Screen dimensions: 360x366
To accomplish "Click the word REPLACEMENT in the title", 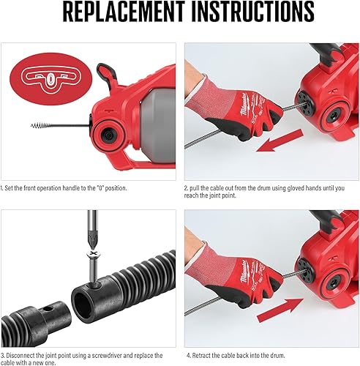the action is pyautogui.click(x=124, y=12).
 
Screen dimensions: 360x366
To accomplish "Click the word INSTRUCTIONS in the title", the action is pyautogui.click(x=253, y=12).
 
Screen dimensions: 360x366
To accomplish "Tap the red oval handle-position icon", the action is pyautogui.click(x=50, y=79).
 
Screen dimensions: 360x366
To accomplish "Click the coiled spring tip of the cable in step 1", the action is pyautogui.click(x=40, y=125).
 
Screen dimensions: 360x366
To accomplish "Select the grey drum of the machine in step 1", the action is pyautogui.click(x=158, y=126).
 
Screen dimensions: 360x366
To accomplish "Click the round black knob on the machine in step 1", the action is pyautogui.click(x=108, y=135).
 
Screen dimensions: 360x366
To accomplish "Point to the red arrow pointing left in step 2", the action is pyautogui.click(x=280, y=141).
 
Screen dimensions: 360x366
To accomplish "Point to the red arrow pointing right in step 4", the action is pyautogui.click(x=280, y=310).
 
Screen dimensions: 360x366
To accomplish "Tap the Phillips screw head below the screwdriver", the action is pyautogui.click(x=93, y=254).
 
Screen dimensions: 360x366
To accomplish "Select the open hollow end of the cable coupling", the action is pyautogui.click(x=82, y=301).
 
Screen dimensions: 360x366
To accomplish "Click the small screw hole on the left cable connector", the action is pyautogui.click(x=48, y=310).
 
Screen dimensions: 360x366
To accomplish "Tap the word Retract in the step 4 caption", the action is pyautogui.click(x=200, y=355).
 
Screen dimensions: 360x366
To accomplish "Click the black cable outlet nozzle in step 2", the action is pyautogui.click(x=305, y=104).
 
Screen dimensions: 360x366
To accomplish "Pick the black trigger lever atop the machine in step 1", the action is pyautogui.click(x=107, y=73).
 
